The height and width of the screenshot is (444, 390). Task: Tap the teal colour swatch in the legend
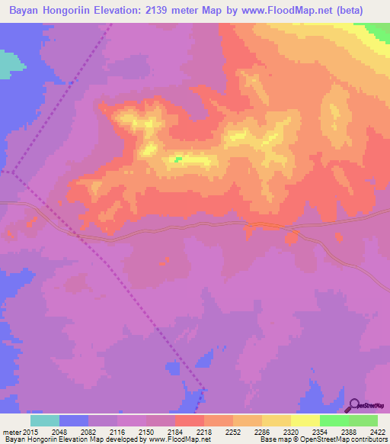pyautogui.click(x=45, y=420)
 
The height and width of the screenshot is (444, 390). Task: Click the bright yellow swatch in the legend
pyautogui.click(x=305, y=420)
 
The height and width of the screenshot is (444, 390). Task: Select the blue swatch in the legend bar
pyautogui.click(x=74, y=420)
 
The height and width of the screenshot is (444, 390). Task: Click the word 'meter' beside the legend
pyautogui.click(x=10, y=432)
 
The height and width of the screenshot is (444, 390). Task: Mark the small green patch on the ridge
pyautogui.click(x=178, y=159)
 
